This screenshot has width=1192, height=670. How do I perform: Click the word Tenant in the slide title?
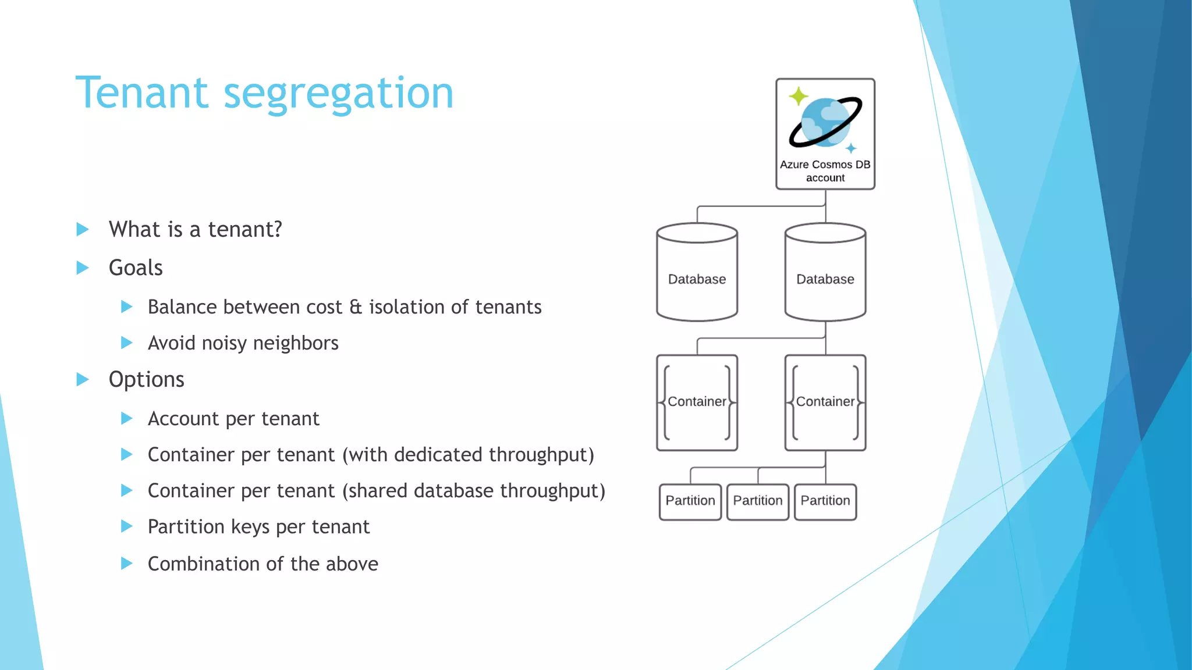(141, 93)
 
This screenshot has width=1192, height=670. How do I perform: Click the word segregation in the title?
(338, 94)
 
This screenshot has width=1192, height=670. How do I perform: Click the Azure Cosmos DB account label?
(825, 171)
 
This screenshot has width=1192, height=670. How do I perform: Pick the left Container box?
(697, 402)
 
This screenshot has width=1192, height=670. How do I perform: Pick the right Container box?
(825, 402)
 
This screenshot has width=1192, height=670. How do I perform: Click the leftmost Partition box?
(690, 501)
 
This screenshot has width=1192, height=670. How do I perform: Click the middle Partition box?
(757, 501)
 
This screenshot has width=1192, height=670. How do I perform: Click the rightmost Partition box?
(825, 501)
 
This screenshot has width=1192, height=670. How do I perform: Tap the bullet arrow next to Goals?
(83, 268)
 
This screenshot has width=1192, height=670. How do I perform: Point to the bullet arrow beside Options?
(83, 380)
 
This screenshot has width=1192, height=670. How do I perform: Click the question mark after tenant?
(278, 230)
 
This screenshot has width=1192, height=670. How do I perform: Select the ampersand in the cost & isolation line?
(356, 307)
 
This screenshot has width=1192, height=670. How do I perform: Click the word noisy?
(223, 344)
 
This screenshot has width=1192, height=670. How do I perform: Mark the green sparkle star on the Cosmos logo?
(798, 96)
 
